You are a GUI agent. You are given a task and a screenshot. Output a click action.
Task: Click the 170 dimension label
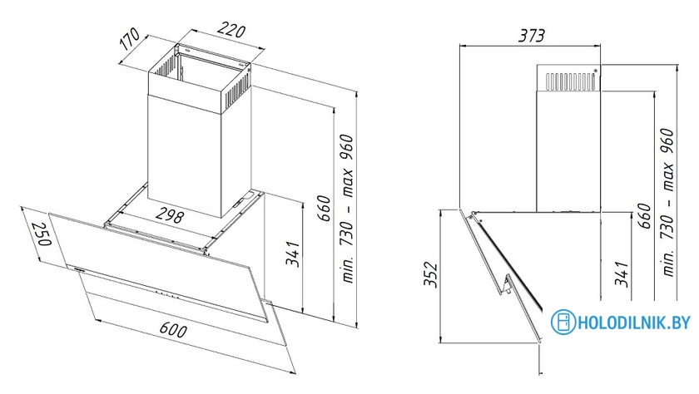[x=130, y=39]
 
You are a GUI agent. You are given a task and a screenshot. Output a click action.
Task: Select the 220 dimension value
[x=231, y=30]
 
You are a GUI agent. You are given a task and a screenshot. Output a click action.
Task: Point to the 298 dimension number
[x=170, y=215]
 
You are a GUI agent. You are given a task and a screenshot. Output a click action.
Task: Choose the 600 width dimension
[x=172, y=329]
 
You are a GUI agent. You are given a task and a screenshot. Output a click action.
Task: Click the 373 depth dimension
[x=531, y=35]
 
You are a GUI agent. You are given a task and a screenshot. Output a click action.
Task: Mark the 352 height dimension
[x=431, y=275]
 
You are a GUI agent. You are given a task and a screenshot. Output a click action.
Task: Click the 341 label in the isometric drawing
[x=292, y=254]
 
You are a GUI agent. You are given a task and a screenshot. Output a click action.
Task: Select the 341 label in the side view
[x=621, y=274]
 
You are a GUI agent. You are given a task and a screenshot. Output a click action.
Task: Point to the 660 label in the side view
[x=644, y=215]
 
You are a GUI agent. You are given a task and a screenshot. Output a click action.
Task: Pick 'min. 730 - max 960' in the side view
[x=667, y=202]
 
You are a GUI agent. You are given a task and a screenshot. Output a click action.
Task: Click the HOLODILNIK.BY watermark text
[x=634, y=322]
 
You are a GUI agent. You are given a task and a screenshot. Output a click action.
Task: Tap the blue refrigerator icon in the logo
[x=563, y=322]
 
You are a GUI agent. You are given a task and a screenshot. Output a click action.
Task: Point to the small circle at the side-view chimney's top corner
[x=595, y=71]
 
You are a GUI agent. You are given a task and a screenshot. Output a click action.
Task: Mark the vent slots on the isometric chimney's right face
[x=235, y=92]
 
